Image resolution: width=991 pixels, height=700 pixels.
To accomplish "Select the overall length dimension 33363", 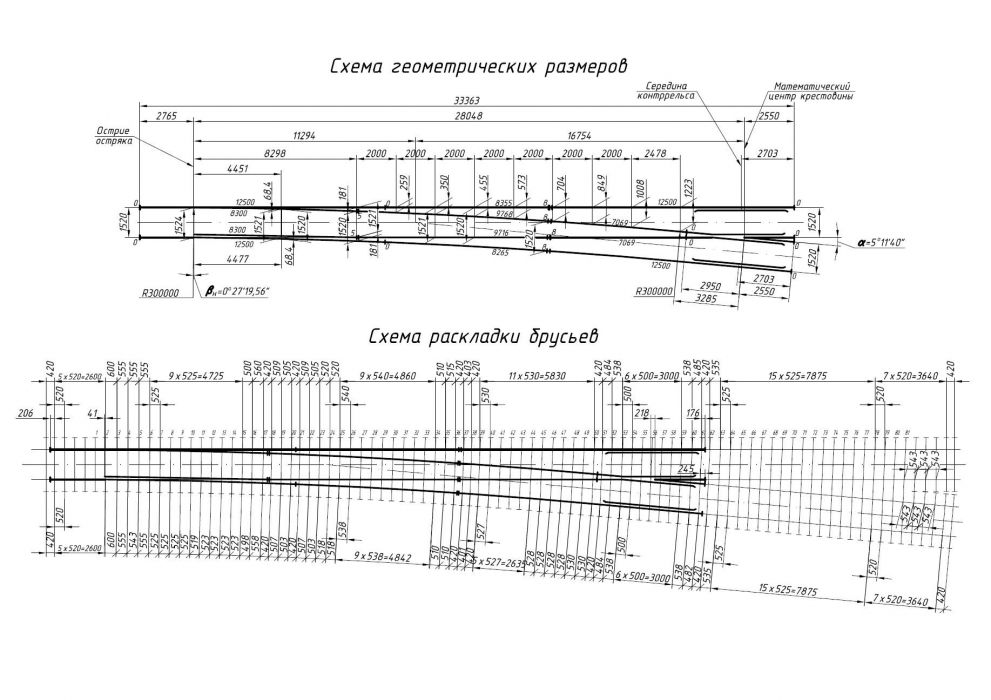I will (465, 99).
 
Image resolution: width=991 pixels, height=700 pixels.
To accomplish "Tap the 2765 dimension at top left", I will (166, 116).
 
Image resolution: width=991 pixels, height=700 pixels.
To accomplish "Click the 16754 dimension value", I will (580, 133).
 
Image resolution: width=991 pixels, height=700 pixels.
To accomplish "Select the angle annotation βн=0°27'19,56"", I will (237, 292).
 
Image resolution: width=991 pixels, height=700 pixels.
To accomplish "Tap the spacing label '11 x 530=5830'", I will (537, 376).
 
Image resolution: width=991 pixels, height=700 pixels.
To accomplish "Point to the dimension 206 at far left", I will (26, 412).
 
